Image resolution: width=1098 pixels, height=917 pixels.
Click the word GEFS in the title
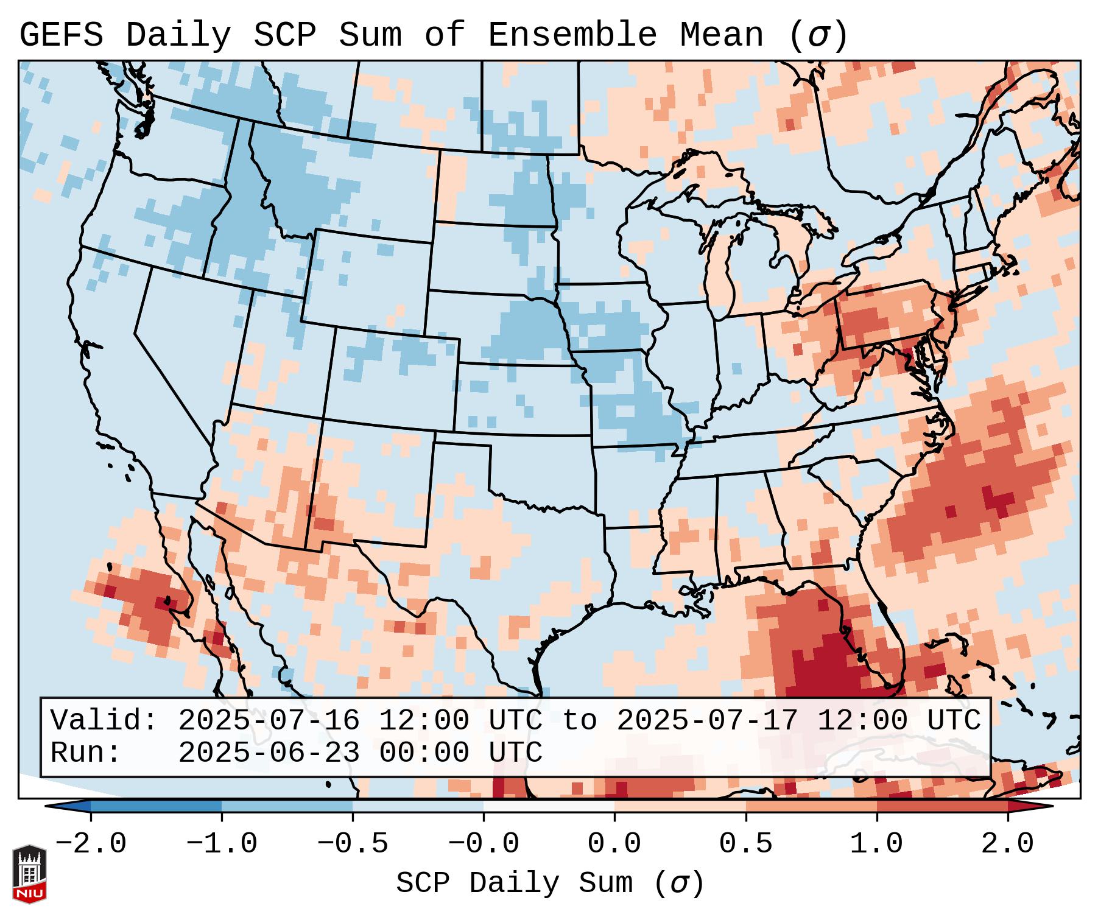pyautogui.click(x=61, y=35)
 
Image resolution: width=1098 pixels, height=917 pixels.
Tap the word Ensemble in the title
pyautogui.click(x=572, y=35)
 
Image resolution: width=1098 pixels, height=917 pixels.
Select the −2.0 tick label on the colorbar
pyautogui.click(x=91, y=844)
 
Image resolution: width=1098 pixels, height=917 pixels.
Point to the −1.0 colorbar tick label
pyautogui.click(x=222, y=844)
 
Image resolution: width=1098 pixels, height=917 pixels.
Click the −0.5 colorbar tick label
pyautogui.click(x=353, y=844)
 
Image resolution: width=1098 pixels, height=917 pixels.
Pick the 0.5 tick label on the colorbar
pyautogui.click(x=746, y=844)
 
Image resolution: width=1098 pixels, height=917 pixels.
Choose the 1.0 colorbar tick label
pyautogui.click(x=877, y=844)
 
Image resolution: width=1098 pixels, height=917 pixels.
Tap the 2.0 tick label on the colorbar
pyautogui.click(x=1008, y=844)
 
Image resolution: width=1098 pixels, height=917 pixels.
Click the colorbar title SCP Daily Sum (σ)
pyautogui.click(x=550, y=883)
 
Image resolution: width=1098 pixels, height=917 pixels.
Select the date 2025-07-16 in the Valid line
pyautogui.click(x=269, y=721)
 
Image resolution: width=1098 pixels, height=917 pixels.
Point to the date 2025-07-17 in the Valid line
pyautogui.click(x=707, y=721)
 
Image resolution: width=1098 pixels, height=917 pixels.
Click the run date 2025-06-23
pyautogui.click(x=269, y=753)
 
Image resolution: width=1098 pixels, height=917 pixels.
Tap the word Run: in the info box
pyautogui.click(x=85, y=753)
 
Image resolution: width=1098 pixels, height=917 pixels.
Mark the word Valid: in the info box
pyautogui.click(x=104, y=721)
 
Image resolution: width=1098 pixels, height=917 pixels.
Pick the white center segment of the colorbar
pyautogui.click(x=549, y=806)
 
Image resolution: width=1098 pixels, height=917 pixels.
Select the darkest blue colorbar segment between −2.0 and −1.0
pyautogui.click(x=156, y=806)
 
